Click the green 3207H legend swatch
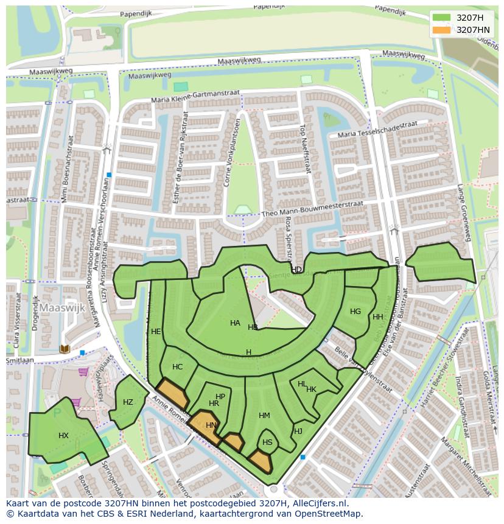click(x=441, y=18)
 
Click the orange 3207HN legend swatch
click(x=441, y=30)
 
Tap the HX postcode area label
click(x=63, y=436)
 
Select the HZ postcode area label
click(x=128, y=402)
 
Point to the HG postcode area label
click(x=355, y=312)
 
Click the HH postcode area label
click(x=378, y=317)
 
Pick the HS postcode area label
click(x=267, y=442)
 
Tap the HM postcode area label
click(x=264, y=416)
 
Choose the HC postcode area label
click(x=177, y=367)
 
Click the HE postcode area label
click(x=156, y=332)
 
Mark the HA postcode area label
click(x=235, y=323)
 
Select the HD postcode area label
click(x=296, y=270)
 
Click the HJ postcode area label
click(x=298, y=431)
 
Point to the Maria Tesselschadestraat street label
click(x=377, y=129)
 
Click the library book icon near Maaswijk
click(x=65, y=349)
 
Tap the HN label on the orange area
click(x=211, y=425)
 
